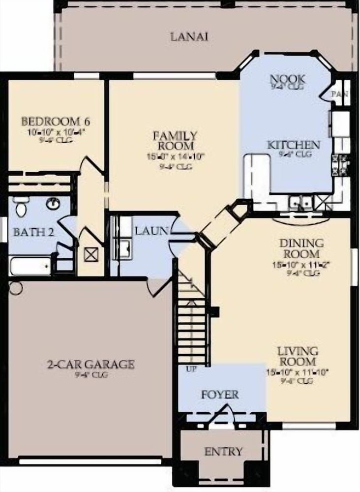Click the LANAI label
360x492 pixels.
coord(189,36)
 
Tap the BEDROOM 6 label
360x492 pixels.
coord(56,121)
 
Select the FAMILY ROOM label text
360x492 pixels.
coord(175,140)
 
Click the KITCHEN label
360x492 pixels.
coord(293,145)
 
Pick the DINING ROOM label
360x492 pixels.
coord(301,248)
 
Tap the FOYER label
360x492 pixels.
coord(220,395)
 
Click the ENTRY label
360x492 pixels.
coord(223,452)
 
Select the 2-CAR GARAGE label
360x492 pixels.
coord(90,365)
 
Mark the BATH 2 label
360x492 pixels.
coord(33,232)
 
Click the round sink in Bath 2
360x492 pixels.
coord(53,203)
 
